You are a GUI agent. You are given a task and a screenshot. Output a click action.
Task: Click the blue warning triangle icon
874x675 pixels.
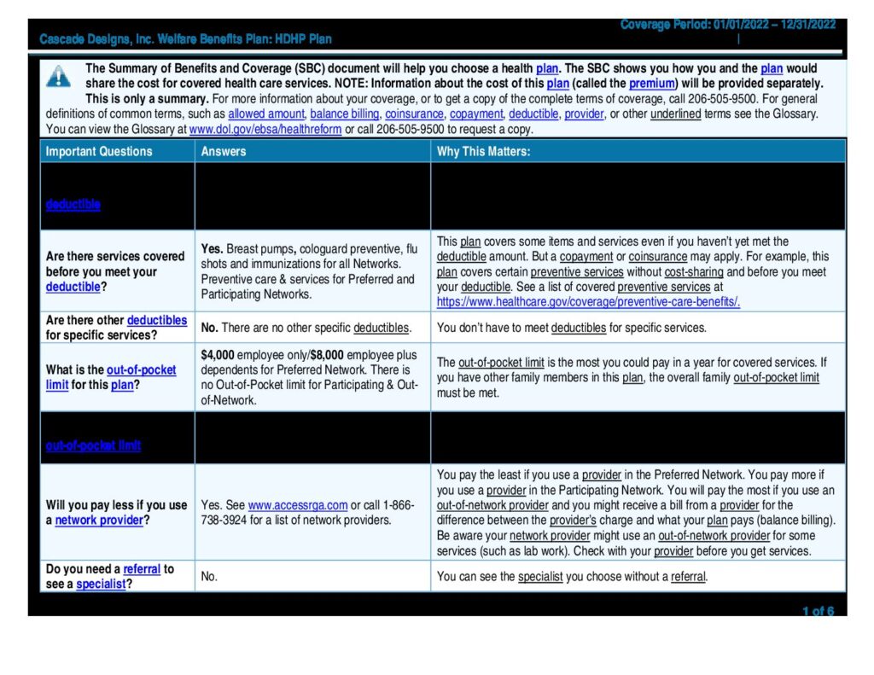point(58,77)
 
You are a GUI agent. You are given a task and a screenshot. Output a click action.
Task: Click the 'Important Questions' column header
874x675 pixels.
point(99,151)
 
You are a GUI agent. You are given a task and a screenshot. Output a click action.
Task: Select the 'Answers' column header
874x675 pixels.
point(224,151)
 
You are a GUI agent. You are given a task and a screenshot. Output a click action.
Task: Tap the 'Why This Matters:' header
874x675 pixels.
point(483,151)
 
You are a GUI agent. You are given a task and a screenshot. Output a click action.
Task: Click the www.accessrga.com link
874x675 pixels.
point(298,505)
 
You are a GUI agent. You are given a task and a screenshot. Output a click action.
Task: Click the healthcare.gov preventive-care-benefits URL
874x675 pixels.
point(588,302)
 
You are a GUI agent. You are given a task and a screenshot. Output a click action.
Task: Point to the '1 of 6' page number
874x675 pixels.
point(818,611)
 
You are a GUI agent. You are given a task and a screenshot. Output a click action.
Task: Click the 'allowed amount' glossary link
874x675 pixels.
point(266,113)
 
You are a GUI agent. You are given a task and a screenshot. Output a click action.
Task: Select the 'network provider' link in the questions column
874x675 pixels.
point(99,520)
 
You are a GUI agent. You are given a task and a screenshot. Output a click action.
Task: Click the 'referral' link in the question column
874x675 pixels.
point(142,569)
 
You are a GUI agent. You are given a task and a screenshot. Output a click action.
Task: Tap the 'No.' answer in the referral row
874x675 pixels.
point(209,577)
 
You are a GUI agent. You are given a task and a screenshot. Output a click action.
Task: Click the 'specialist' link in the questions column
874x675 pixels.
point(101,585)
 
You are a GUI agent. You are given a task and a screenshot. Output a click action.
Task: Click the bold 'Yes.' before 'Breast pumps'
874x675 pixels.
point(213,249)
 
